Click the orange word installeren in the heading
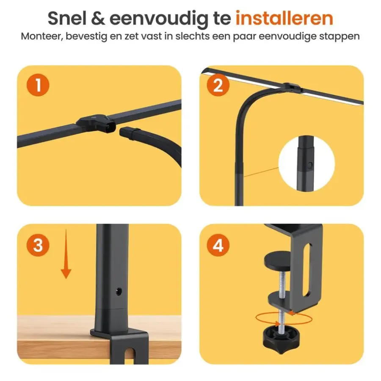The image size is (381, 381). point(284,18)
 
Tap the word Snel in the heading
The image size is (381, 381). point(67,18)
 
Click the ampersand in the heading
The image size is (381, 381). point(98,19)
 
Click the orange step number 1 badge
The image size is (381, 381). point(38,85)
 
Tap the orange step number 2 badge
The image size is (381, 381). point(218,85)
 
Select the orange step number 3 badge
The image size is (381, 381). point(38,245)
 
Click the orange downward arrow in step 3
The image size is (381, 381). point(66,254)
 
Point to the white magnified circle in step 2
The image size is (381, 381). point(306,163)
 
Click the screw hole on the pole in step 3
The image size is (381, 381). point(119,291)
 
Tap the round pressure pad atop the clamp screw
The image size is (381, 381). point(277,262)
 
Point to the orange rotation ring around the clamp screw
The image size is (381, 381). point(284,318)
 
